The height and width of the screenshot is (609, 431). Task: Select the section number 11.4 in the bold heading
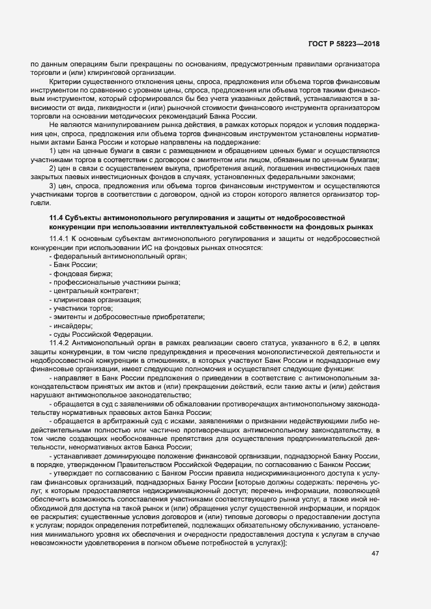coord(57,216)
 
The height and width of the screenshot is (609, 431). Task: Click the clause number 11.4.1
coord(60,240)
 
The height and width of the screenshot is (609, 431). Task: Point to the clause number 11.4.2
coord(60,341)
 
